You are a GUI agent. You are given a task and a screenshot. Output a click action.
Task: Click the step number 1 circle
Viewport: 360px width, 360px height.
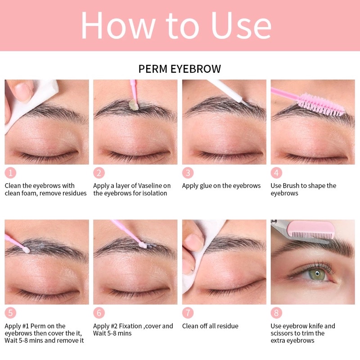[10, 173]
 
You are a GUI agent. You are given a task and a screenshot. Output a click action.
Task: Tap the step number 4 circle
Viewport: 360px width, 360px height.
[276, 173]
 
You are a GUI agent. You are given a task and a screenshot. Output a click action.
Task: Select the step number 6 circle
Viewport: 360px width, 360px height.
[99, 313]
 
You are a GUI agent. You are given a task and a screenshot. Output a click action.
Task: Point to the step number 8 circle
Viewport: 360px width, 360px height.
[276, 313]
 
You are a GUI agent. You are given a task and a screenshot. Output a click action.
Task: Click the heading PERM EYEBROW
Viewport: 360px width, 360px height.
[180, 69]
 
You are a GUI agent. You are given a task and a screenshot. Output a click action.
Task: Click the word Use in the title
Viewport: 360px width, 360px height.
[241, 25]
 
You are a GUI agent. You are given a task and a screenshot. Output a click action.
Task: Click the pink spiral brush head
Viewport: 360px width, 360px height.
[321, 104]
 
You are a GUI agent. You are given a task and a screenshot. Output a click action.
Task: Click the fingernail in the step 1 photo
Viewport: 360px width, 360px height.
[23, 91]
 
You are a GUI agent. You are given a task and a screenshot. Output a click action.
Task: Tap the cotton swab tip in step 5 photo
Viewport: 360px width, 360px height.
[26, 250]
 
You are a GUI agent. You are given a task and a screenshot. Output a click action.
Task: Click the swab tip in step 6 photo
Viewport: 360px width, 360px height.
[143, 245]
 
